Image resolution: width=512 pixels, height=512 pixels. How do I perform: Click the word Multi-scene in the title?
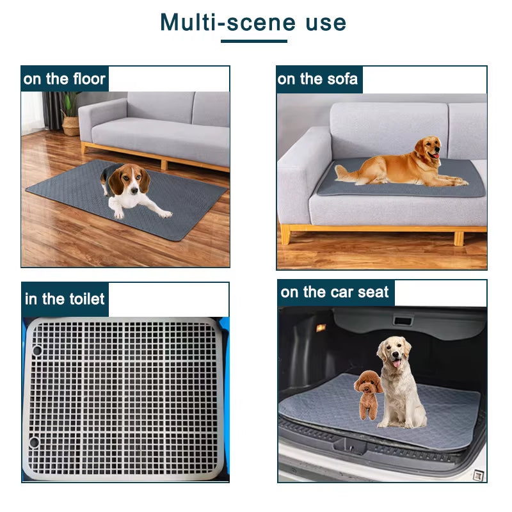pyautogui.click(x=228, y=22)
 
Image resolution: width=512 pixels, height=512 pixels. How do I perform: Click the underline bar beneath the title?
pyautogui.click(x=254, y=42)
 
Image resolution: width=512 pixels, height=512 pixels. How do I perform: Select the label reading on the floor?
pyautogui.click(x=64, y=79)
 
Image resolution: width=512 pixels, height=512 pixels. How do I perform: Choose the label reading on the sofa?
pyautogui.click(x=318, y=79)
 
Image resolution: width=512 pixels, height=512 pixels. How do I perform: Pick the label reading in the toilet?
pyautogui.click(x=65, y=299)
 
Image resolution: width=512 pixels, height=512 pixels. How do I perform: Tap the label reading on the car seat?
pyautogui.click(x=335, y=292)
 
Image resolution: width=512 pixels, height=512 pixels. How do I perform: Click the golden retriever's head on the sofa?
pyautogui.click(x=428, y=150)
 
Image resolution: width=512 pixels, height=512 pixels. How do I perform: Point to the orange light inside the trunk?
pyautogui.click(x=321, y=328)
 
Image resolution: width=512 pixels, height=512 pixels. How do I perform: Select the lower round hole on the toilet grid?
pyautogui.click(x=34, y=442)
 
